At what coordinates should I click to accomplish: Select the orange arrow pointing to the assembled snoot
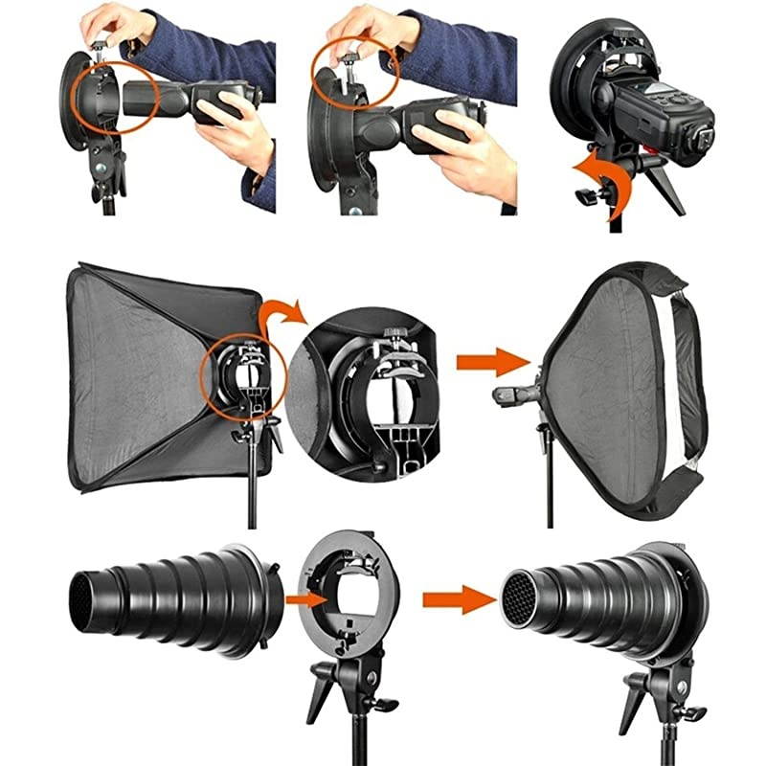tap(456, 599)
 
